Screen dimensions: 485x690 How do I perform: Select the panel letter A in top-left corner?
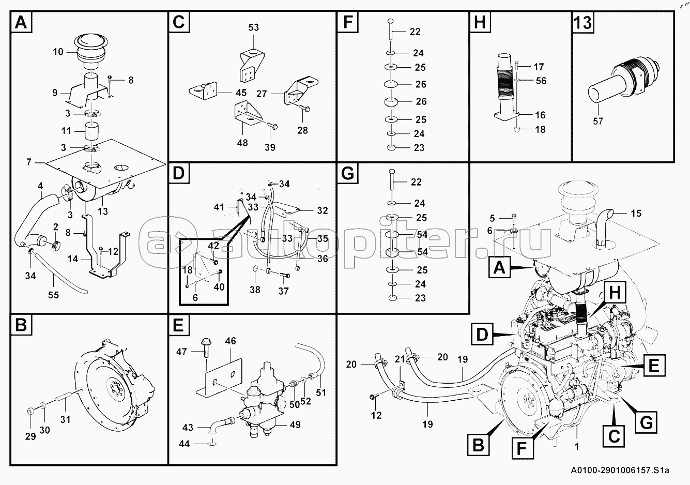click(21, 23)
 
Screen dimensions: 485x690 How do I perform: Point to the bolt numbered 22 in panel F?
click(391, 28)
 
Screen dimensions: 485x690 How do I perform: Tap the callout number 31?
click(65, 419)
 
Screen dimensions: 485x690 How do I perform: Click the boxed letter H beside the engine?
click(614, 293)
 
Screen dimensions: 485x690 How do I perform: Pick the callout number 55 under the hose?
click(53, 295)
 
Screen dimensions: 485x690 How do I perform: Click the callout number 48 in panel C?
click(242, 143)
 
